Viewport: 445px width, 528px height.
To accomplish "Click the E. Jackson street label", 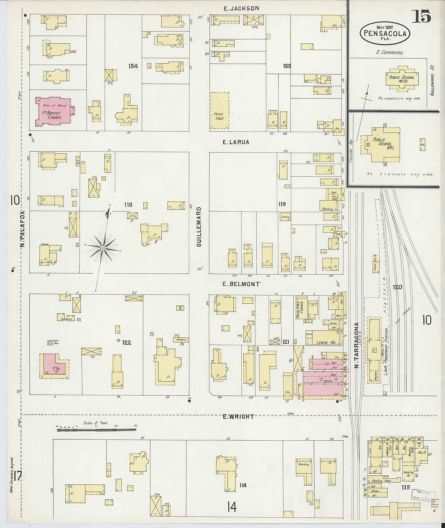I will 241,8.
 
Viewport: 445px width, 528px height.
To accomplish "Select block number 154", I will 133,66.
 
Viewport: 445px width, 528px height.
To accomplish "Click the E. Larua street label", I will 236,142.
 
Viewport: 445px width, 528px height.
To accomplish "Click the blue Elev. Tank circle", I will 50,343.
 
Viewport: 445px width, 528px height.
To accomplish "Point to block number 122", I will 127,343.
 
